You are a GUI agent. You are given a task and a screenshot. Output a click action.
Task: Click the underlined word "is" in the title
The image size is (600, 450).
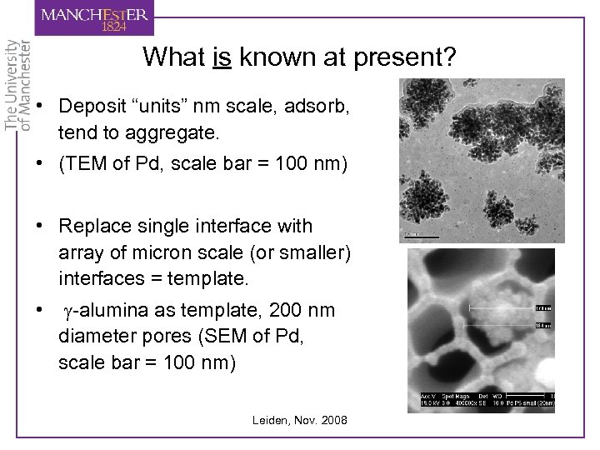click(x=222, y=57)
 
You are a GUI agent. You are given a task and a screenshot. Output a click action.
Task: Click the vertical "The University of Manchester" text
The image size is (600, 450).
click(x=17, y=83)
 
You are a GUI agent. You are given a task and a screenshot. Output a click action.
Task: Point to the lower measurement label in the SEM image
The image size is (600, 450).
click(x=542, y=326)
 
